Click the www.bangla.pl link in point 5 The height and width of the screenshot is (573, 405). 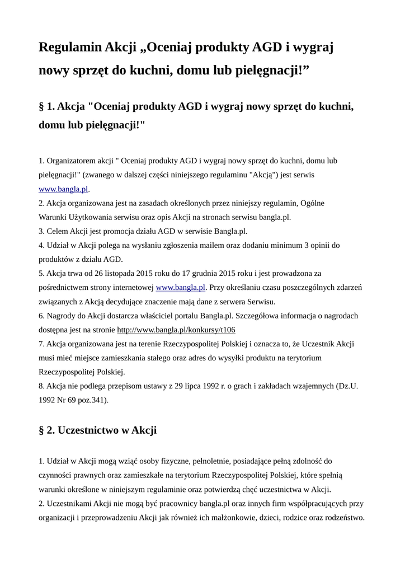point(181,287)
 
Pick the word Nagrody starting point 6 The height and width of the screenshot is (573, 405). point(62,316)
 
